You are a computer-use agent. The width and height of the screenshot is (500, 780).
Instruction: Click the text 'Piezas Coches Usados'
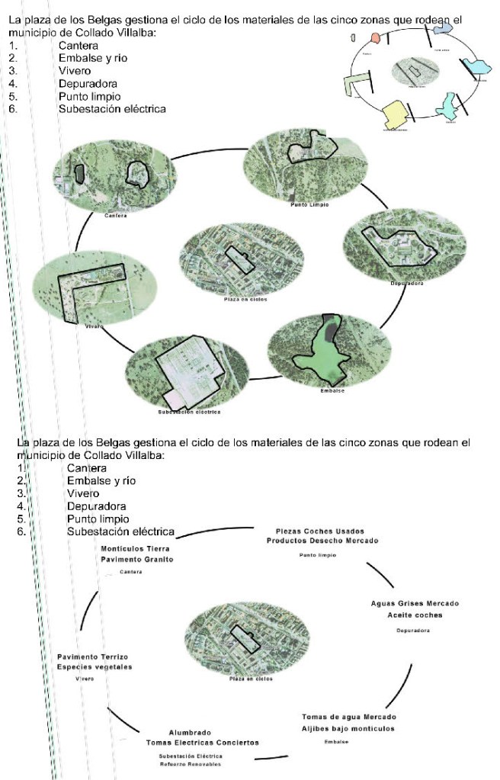(x=319, y=531)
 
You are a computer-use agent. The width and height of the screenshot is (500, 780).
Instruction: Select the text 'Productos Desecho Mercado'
(x=322, y=541)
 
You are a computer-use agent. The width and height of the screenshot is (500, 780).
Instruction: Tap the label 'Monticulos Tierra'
(x=135, y=548)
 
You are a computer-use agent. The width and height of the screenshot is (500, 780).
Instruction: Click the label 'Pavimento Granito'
(x=137, y=560)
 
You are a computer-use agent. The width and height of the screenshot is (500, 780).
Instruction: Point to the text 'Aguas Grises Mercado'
(x=415, y=604)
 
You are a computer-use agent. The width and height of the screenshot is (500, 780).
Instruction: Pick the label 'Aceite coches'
(x=415, y=615)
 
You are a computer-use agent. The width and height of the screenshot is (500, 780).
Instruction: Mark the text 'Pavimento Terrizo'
(x=92, y=656)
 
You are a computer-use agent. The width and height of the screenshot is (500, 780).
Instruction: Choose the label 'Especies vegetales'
(x=95, y=667)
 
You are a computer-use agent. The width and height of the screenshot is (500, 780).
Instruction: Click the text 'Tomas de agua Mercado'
(x=349, y=717)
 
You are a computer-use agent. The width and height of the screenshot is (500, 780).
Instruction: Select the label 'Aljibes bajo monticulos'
(x=348, y=729)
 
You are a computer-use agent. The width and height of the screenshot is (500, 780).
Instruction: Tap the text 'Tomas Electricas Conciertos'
(x=202, y=743)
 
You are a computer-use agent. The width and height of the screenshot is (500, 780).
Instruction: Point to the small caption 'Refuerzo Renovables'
(x=190, y=763)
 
